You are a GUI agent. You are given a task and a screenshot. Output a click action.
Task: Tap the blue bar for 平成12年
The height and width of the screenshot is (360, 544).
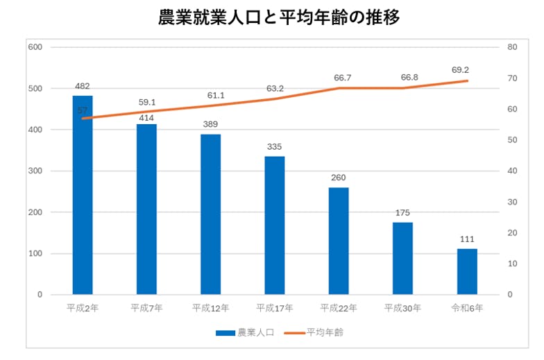tap(210, 215)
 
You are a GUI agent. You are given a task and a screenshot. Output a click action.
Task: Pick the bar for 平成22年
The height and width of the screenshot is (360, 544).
tap(339, 241)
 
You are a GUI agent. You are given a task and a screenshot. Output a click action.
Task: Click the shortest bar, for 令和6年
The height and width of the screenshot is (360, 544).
tap(467, 271)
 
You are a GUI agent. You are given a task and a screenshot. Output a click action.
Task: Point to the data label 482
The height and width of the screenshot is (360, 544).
tap(83, 87)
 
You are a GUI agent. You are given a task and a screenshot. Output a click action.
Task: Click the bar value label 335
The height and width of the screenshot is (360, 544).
tap(275, 147)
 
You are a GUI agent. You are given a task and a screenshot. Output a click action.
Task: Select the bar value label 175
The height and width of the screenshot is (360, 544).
tap(402, 213)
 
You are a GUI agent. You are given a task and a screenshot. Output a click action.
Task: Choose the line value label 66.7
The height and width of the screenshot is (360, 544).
tap(342, 78)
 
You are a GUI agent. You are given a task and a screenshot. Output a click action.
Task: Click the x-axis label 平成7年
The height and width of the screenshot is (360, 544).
tap(146, 307)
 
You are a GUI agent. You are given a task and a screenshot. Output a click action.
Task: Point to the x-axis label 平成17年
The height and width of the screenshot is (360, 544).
tap(275, 307)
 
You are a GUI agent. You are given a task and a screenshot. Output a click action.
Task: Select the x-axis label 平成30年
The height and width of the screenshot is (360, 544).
tap(402, 307)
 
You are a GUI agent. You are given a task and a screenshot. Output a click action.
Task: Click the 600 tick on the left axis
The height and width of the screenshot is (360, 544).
tap(35, 47)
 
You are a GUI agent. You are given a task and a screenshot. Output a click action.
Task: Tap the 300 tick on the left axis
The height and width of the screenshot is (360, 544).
tap(35, 171)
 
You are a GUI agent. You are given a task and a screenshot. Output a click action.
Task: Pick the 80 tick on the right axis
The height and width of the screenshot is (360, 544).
tap(513, 47)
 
